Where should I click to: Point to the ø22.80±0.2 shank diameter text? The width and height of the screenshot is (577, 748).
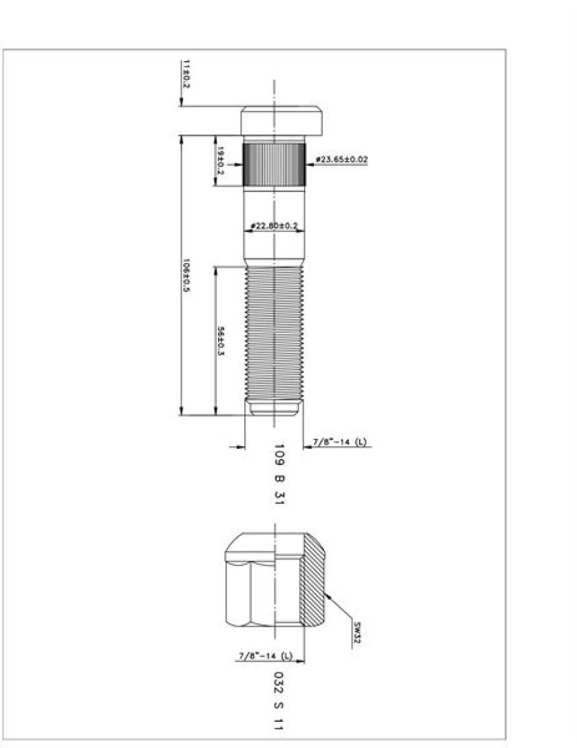click(273, 226)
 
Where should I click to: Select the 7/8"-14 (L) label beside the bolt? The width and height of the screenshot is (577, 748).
click(340, 442)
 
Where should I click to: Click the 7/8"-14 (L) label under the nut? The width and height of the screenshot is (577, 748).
click(265, 655)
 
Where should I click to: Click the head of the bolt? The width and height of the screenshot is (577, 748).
click(281, 121)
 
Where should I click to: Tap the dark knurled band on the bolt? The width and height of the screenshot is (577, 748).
click(274, 164)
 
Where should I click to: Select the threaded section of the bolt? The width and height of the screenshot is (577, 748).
click(274, 332)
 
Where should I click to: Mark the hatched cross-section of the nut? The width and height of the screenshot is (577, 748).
click(313, 584)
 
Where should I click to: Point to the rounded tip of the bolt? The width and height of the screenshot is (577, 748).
click(274, 408)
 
